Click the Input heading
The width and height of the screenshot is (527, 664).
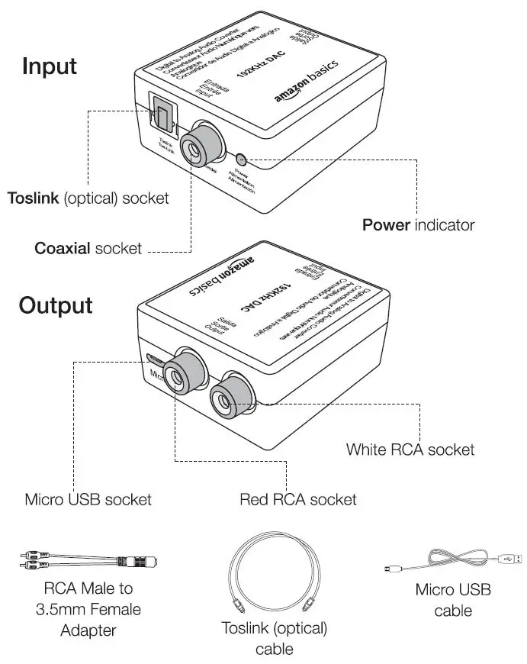pyautogui.click(x=50, y=66)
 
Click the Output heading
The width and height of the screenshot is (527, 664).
pyautogui.click(x=56, y=305)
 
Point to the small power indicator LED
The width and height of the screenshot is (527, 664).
pyautogui.click(x=241, y=160)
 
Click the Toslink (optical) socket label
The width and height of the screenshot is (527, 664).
pyautogui.click(x=88, y=198)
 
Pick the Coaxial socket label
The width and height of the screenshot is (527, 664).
pyautogui.click(x=88, y=249)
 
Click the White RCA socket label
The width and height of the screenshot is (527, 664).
pyautogui.click(x=410, y=449)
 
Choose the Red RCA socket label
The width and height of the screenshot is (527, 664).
pyautogui.click(x=297, y=500)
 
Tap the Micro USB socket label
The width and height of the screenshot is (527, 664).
pyautogui.click(x=88, y=500)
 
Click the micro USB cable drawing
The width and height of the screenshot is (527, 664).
pyautogui.click(x=452, y=562)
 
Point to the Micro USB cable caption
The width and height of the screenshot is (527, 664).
pyautogui.click(x=453, y=600)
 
